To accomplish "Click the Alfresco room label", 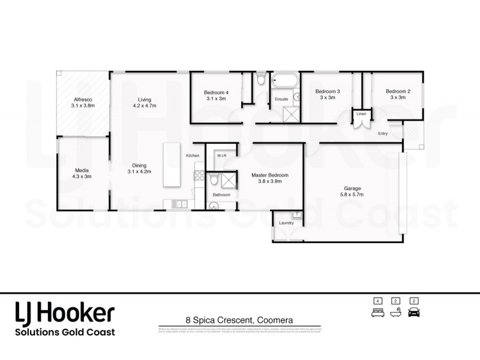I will pos(83,99).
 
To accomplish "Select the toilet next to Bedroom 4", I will pos(260,79).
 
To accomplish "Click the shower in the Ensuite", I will pos(292,113).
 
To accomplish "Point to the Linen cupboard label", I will pos(361,113).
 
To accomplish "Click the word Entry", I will pos(383,134).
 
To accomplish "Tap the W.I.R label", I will pos(221,155).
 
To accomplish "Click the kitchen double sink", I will pos(179,205).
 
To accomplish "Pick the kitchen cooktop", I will pos(197,175).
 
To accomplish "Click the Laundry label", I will pos(286,223).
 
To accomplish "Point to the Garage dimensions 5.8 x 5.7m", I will pos(352,194).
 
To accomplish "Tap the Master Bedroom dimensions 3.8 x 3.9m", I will pos(269,182).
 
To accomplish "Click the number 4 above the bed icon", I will pos(378,301).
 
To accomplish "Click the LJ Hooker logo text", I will pos(64,313).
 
